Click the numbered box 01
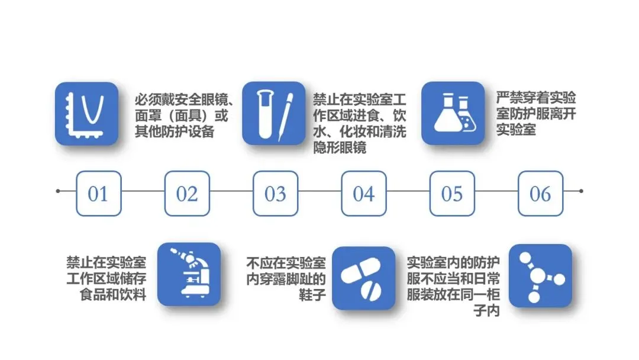pos(98,194)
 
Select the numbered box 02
pos(187,194)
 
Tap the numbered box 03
pos(275,194)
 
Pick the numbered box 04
pos(364,194)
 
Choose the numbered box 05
pos(452,194)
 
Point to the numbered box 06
pos(540,194)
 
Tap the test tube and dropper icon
pos(274,113)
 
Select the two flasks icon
pos(453,113)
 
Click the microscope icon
pos(189,274)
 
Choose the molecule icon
pos(540,275)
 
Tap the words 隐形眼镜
pos(340,147)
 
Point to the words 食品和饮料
pos(113,294)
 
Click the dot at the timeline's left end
pos(58,191)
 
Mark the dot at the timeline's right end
pos(581,191)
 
